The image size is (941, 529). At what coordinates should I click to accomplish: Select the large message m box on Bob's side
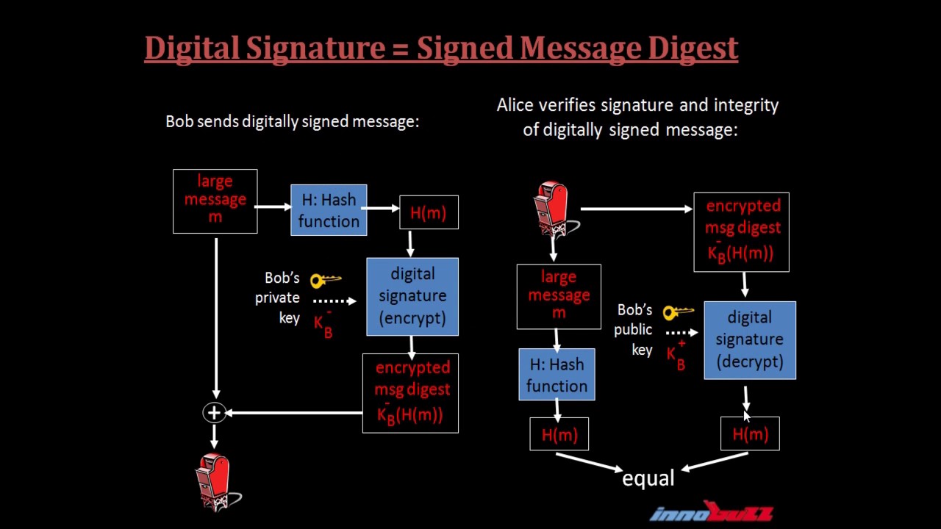pyautogui.click(x=215, y=201)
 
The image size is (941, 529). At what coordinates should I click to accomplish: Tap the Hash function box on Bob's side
pyautogui.click(x=329, y=210)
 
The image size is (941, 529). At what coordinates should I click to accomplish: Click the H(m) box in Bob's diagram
pyautogui.click(x=429, y=212)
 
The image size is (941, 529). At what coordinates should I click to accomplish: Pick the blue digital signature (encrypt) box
pyautogui.click(x=412, y=296)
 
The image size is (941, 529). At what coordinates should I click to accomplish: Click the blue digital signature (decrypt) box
pyautogui.click(x=749, y=340)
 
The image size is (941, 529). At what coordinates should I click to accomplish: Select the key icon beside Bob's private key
pyautogui.click(x=325, y=280)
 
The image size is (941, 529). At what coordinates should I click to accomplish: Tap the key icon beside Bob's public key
pyautogui.click(x=678, y=312)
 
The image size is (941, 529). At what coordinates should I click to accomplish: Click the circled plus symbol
pyautogui.click(x=214, y=413)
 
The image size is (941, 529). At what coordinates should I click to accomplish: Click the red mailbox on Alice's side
pyautogui.click(x=554, y=208)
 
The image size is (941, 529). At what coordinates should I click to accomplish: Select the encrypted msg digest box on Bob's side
pyautogui.click(x=410, y=393)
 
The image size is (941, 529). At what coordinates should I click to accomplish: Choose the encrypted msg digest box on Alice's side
pyautogui.click(x=741, y=231)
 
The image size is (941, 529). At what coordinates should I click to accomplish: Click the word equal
pyautogui.click(x=648, y=478)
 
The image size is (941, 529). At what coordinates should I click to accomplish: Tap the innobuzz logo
pyautogui.click(x=711, y=512)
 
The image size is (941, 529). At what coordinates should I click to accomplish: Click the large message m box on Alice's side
pyautogui.click(x=559, y=296)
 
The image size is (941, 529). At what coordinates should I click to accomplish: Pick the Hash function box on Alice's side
pyautogui.click(x=557, y=375)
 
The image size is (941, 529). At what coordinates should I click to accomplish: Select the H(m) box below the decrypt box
pyautogui.click(x=750, y=434)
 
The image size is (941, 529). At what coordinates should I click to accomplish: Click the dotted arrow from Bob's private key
pyautogui.click(x=333, y=300)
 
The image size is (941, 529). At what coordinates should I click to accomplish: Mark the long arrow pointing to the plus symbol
pyautogui.click(x=294, y=413)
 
